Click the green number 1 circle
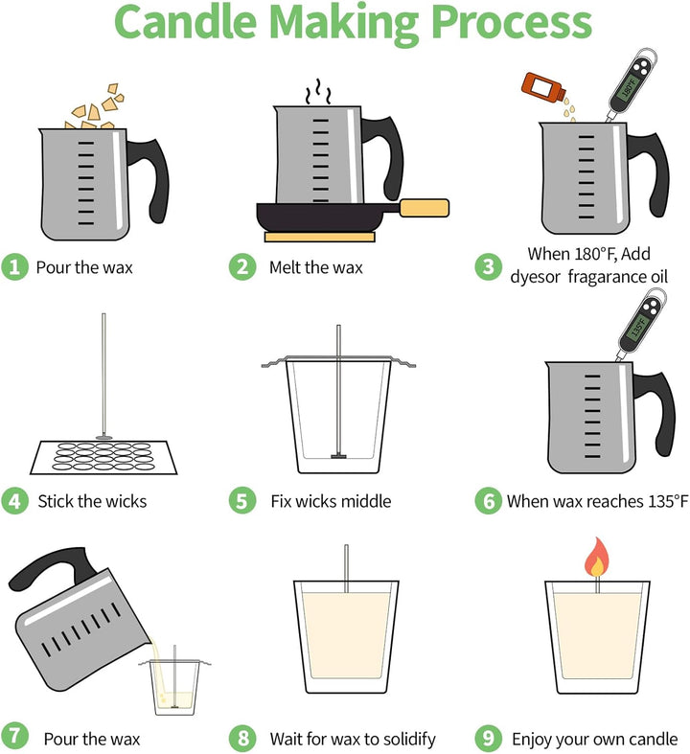coord(15,267)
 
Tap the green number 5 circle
coord(242,500)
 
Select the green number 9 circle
coord(489,738)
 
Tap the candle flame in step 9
coord(597,558)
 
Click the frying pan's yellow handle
coord(425,208)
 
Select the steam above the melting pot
coord(318,91)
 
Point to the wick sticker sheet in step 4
coord(103,457)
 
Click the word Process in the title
coord(512,23)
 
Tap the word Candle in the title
coord(186,22)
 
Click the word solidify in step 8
coord(408,739)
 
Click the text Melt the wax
coord(316,267)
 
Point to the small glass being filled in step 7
coord(174,687)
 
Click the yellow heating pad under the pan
coord(319,237)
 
